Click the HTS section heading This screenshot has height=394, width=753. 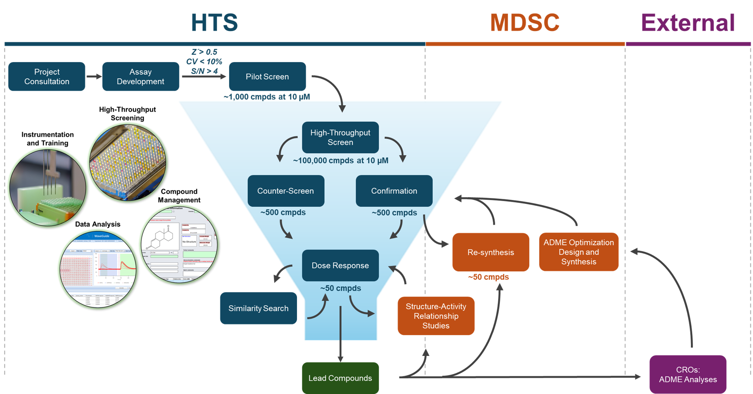click(215, 22)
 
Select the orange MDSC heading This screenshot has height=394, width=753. click(524, 22)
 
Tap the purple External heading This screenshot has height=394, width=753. click(688, 22)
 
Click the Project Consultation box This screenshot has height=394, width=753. click(47, 77)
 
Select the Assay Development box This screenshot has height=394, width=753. click(140, 77)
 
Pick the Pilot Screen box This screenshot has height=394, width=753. click(267, 77)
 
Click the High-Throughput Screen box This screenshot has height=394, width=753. click(340, 138)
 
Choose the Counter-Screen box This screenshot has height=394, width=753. click(286, 191)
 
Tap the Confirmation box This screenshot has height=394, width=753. click(394, 191)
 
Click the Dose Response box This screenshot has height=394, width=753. click(340, 266)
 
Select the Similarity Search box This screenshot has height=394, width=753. click(258, 308)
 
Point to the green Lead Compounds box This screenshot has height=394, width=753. click(340, 378)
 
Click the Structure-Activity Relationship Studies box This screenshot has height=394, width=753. click(436, 316)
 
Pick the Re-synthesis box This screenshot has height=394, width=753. click(490, 252)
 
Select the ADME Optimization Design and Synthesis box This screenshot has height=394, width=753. click(579, 252)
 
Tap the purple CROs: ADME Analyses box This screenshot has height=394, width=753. click(688, 375)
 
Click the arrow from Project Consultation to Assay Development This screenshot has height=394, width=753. click(94, 77)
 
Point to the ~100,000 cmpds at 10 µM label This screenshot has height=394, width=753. click(340, 161)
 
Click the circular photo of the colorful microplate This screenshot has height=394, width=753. click(128, 162)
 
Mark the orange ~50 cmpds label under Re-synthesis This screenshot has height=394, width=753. click(488, 277)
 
